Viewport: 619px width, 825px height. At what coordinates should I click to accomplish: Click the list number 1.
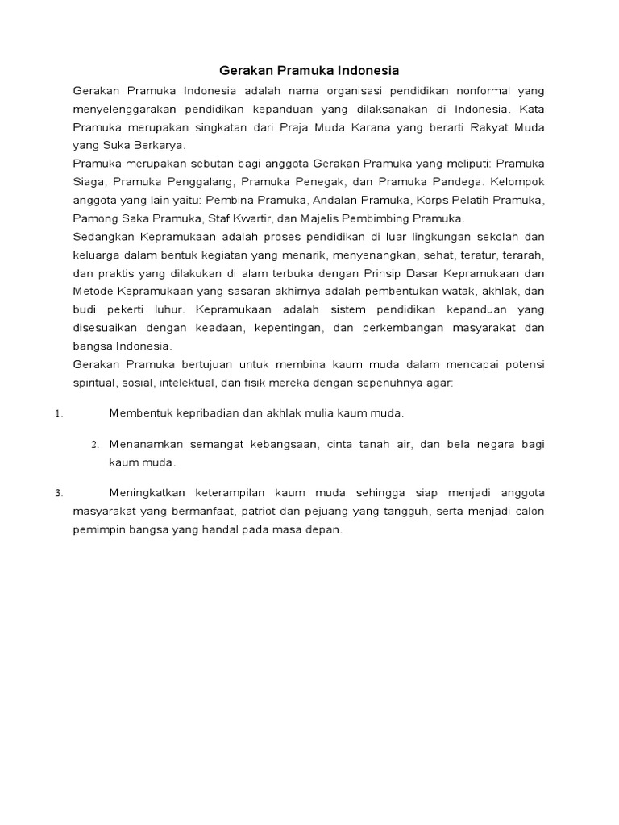click(58, 414)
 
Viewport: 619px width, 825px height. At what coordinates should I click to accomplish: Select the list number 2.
click(94, 445)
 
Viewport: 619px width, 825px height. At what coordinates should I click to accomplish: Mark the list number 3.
click(58, 493)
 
